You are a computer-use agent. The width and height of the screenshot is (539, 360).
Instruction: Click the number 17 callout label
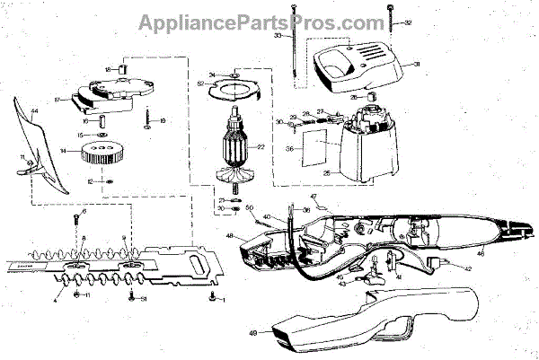56,100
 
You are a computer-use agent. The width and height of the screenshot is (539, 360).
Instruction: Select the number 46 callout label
481,254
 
